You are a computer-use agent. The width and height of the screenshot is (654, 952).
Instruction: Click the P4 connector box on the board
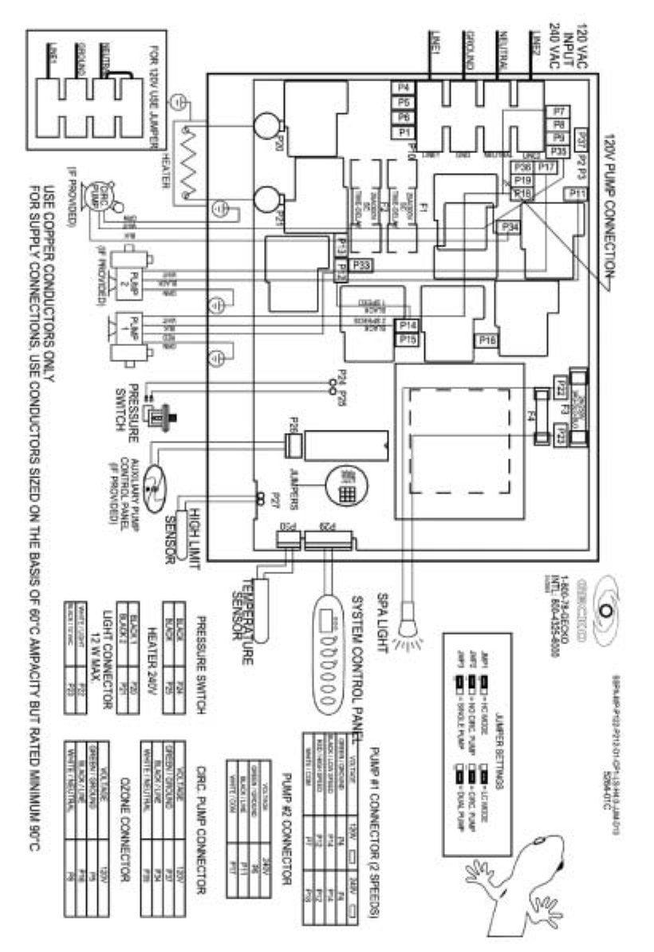tap(403, 86)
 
